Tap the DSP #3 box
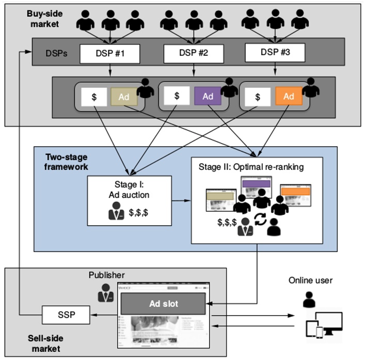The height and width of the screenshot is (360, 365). tap(275, 52)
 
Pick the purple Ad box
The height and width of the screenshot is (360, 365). tap(208, 96)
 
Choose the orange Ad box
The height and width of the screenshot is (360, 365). tap(289, 96)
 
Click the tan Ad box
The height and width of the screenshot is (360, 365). tap(124, 97)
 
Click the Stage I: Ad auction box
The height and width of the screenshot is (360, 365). tap(129, 200)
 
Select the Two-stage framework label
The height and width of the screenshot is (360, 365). tap(66, 162)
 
